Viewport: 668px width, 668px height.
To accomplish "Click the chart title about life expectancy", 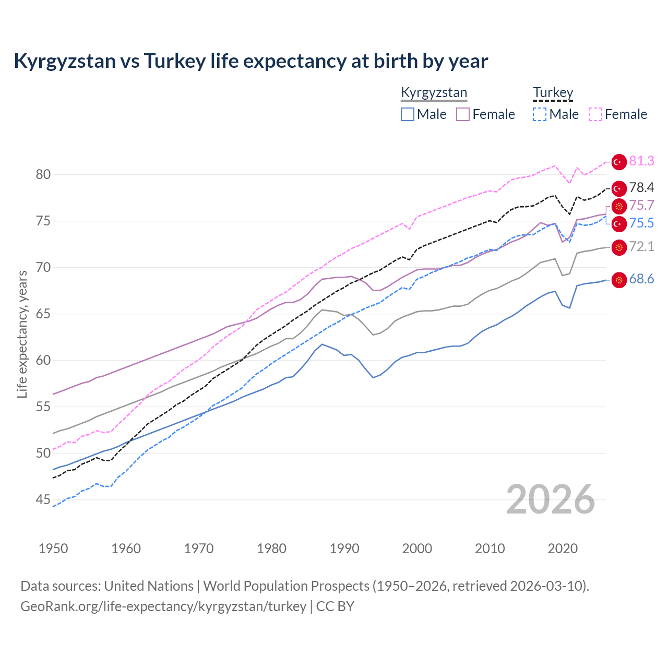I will tap(250, 61).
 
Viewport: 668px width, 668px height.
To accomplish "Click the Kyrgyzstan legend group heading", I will tap(434, 93).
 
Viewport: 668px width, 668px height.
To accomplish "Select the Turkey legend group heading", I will tap(553, 93).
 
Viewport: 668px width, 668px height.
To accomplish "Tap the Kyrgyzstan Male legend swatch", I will tap(408, 114).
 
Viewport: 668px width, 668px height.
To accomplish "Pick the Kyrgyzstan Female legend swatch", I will tap(463, 114).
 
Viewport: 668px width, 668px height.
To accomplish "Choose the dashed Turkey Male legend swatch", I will tap(540, 114).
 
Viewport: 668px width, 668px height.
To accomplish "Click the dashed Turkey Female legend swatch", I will tap(595, 114).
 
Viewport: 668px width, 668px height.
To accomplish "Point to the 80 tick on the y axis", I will tap(43, 175).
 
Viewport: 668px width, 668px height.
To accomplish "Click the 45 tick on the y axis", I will tap(43, 500).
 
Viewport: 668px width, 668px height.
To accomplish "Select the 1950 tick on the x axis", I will tap(53, 548).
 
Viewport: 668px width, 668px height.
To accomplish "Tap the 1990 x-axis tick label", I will tap(344, 548).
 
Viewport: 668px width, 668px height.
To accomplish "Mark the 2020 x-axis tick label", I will tap(563, 548).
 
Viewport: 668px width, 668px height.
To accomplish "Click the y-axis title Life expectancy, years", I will tap(22, 334).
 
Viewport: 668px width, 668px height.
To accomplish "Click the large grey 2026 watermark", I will tap(550, 499).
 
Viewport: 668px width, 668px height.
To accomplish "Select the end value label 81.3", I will tap(641, 161).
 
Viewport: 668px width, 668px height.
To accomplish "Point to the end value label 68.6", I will tap(641, 279).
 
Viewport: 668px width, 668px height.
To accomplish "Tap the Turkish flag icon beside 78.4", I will tap(619, 188).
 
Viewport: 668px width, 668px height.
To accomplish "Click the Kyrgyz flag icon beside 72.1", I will tap(619, 247).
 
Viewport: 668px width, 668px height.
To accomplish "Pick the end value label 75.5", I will tap(641, 223).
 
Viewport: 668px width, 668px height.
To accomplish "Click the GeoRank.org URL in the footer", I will tap(163, 606).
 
